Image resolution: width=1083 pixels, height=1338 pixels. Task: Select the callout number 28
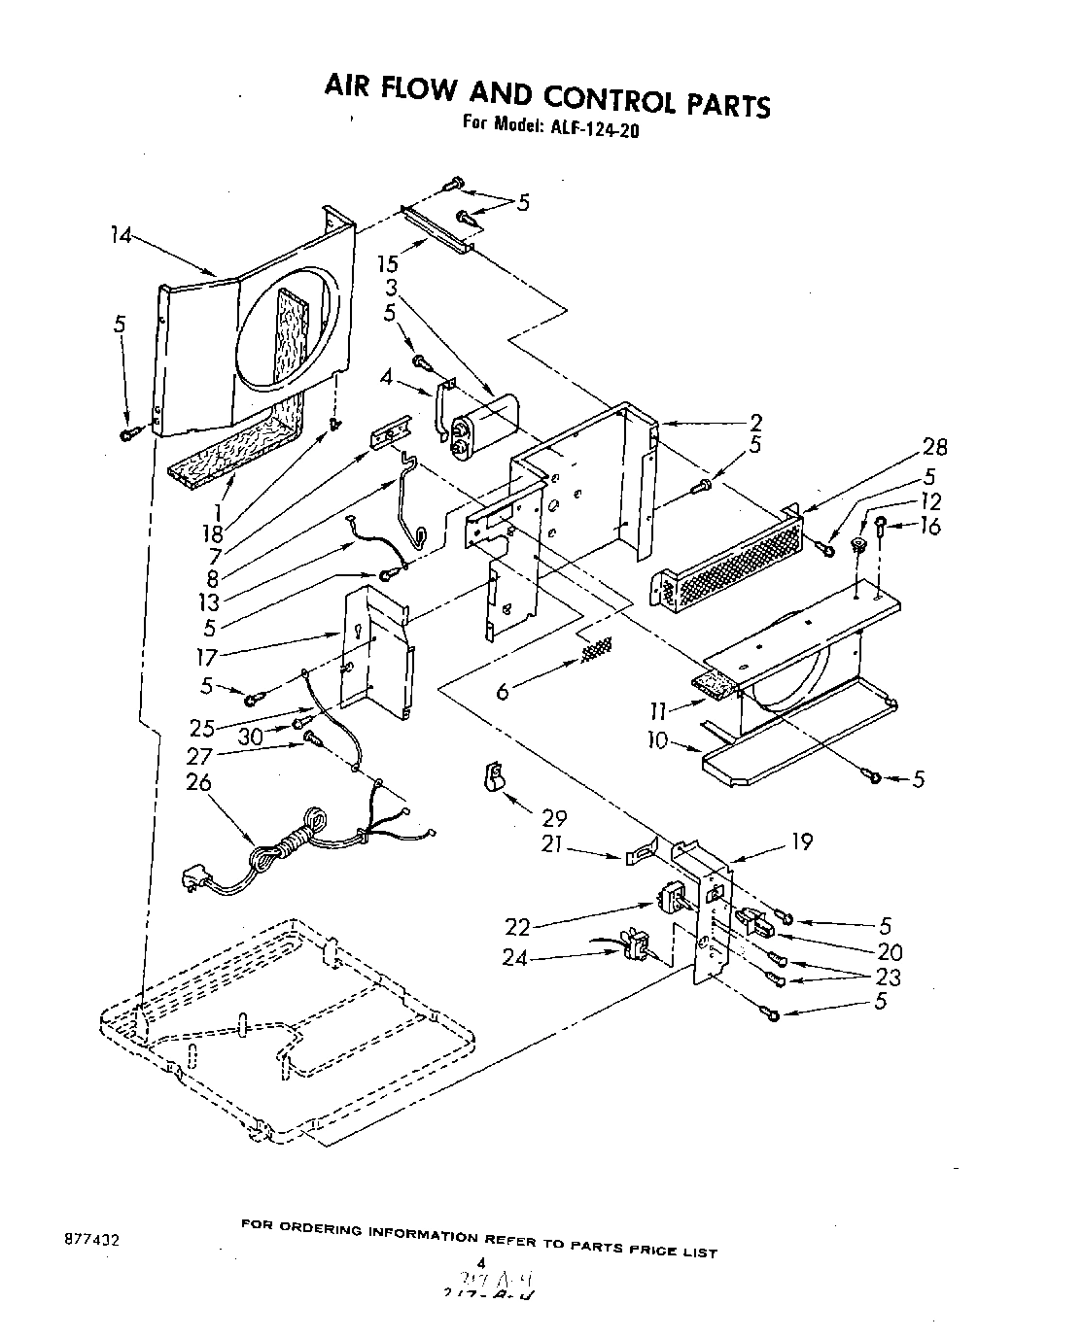tap(935, 447)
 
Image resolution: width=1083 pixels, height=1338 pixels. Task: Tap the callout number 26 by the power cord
tap(198, 782)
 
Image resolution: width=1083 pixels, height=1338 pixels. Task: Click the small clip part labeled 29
tap(494, 777)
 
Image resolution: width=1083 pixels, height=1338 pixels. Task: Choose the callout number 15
tap(386, 262)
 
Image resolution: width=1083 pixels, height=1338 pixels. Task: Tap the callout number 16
tap(929, 527)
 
